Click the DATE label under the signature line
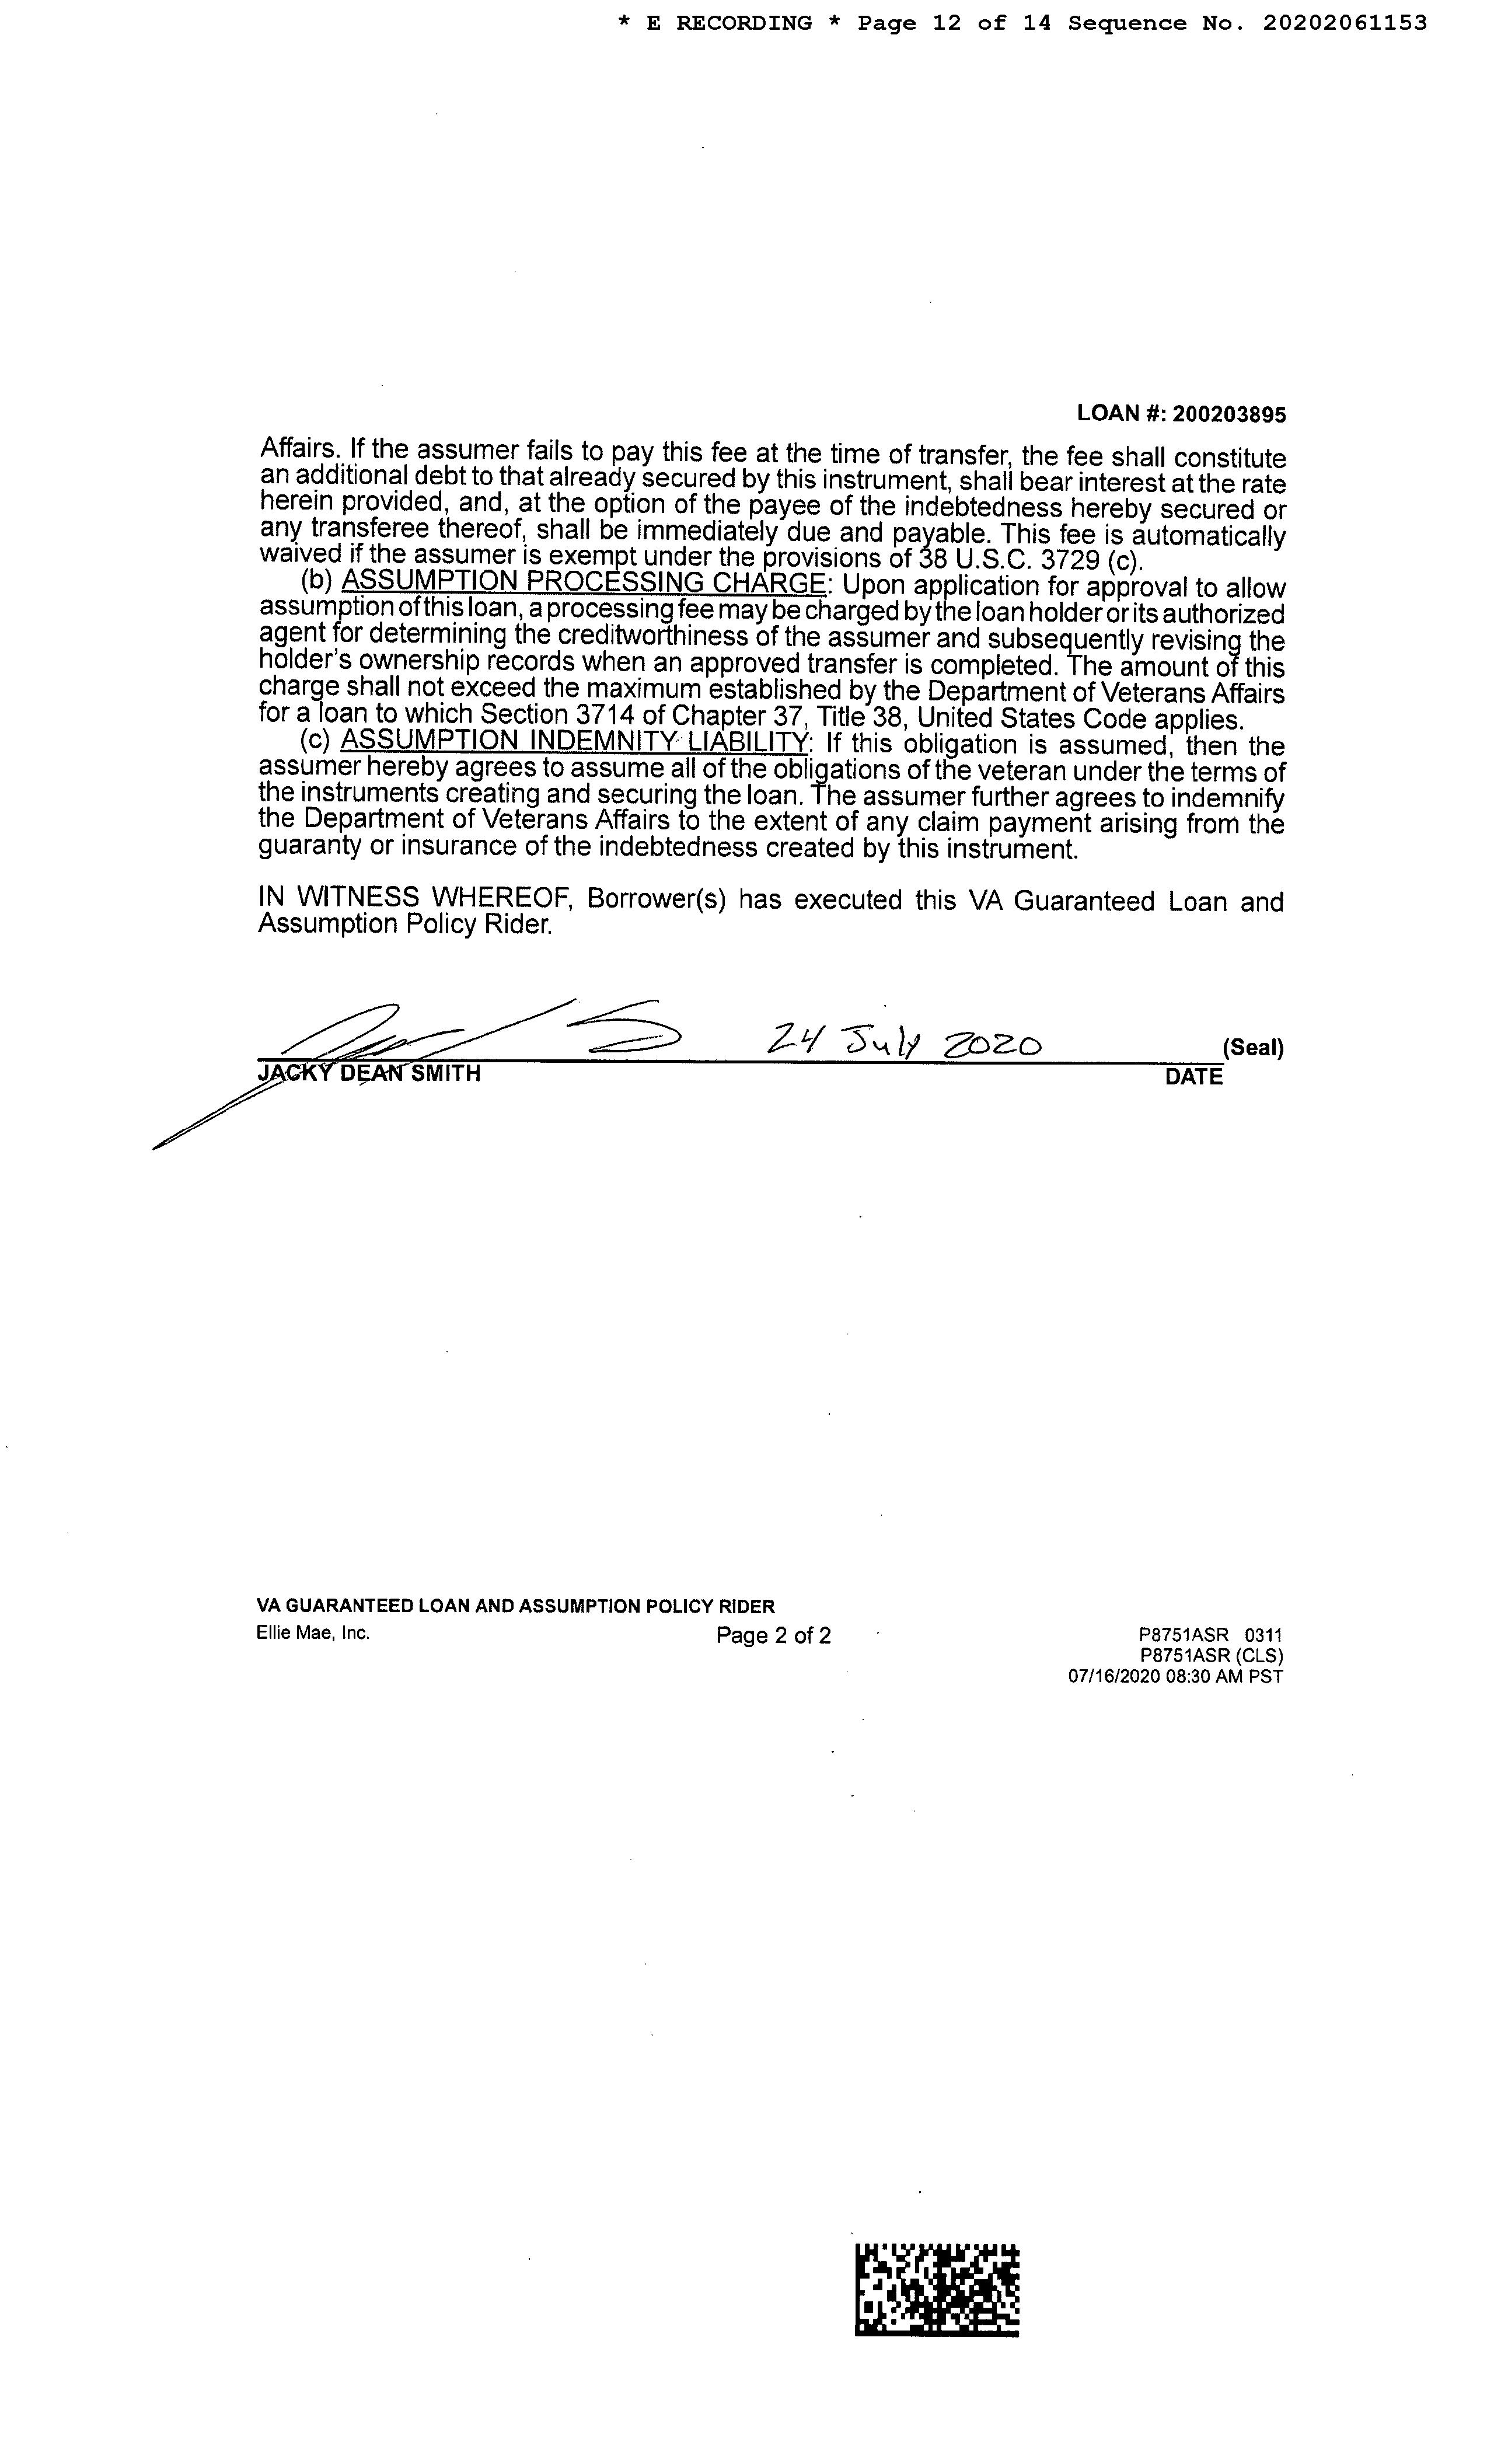(x=1193, y=1077)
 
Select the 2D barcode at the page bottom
(x=937, y=2288)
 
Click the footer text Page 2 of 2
(x=773, y=1635)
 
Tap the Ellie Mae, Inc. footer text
(x=313, y=1632)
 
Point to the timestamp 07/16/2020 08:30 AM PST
(x=1175, y=1677)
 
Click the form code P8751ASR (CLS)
(x=1211, y=1656)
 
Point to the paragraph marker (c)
(x=316, y=741)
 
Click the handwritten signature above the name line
(x=469, y=1037)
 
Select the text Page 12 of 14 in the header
(x=954, y=23)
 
